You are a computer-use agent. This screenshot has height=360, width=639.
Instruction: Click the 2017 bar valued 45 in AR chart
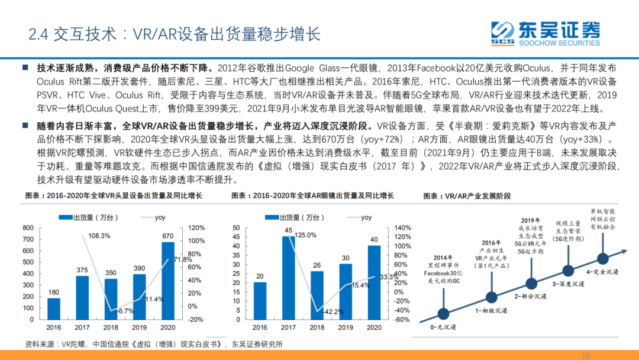click(x=289, y=279)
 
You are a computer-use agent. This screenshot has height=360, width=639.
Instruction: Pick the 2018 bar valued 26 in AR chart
click(x=317, y=297)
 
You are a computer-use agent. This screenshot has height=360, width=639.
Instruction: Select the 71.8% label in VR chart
click(x=179, y=259)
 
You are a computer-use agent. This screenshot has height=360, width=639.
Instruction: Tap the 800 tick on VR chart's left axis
click(x=27, y=228)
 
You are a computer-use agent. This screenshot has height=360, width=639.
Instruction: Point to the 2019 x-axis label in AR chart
click(x=345, y=327)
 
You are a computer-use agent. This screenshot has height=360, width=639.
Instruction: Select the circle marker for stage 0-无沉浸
click(x=443, y=313)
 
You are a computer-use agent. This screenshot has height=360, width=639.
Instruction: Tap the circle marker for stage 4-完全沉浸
click(x=602, y=259)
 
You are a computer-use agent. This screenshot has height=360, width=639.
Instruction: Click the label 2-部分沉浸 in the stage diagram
click(x=529, y=295)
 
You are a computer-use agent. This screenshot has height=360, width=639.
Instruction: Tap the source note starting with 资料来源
click(x=154, y=344)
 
